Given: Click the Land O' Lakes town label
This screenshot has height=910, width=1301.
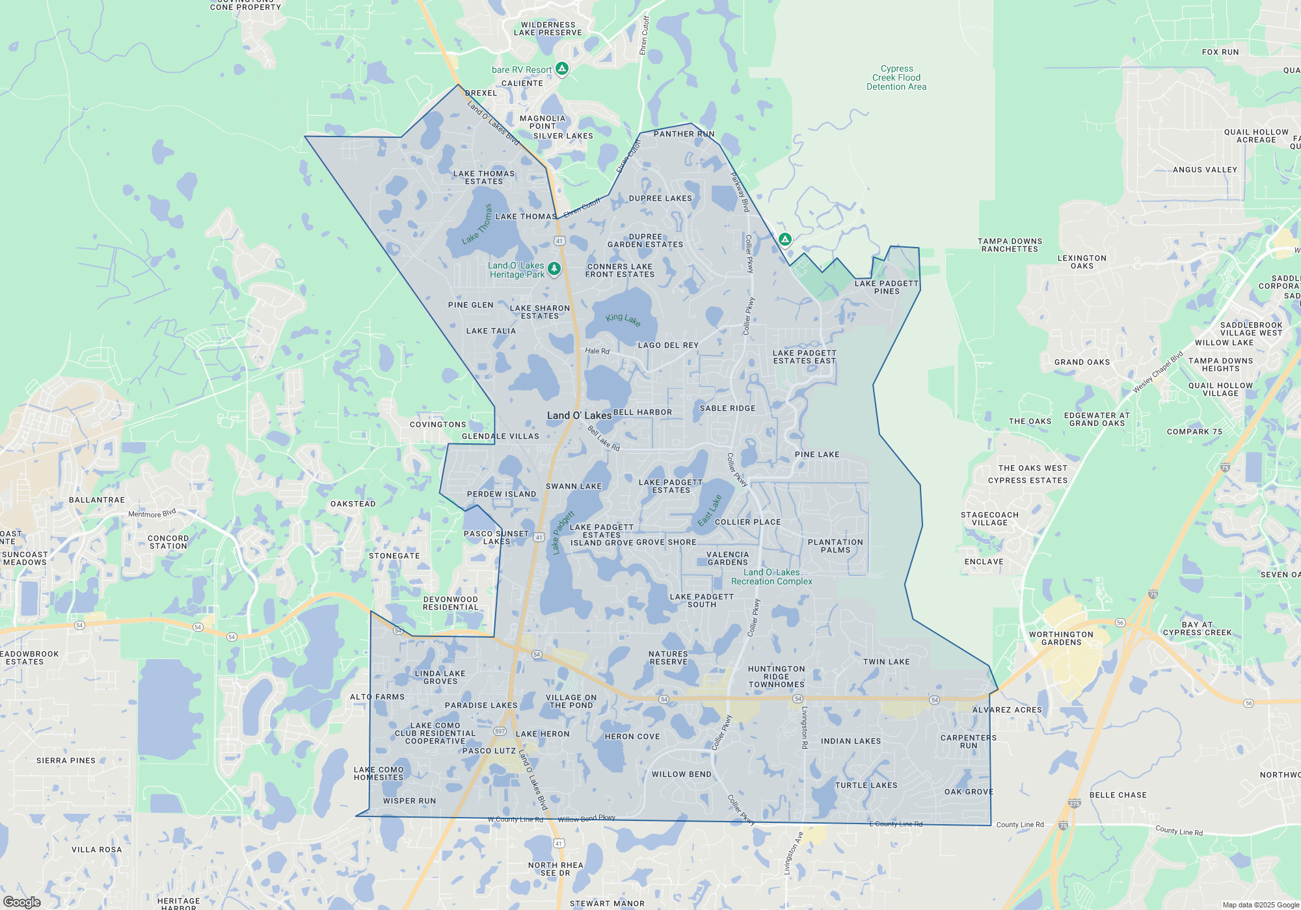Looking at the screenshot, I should [x=579, y=415].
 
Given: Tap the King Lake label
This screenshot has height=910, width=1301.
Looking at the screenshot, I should [x=623, y=319].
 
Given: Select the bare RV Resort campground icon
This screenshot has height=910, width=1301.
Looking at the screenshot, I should [x=562, y=68].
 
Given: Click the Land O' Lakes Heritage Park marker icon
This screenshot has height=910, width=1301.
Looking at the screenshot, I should [x=554, y=268].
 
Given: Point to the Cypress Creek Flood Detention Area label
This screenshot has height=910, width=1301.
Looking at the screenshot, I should [x=896, y=77].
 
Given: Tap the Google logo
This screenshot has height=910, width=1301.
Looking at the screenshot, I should [x=21, y=902].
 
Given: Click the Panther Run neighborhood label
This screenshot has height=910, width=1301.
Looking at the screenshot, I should [x=684, y=134].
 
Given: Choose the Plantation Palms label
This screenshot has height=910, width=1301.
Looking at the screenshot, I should [x=835, y=546].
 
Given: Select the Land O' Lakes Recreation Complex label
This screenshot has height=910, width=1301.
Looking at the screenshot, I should [x=771, y=577].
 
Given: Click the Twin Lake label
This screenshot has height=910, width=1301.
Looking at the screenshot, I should [x=886, y=662].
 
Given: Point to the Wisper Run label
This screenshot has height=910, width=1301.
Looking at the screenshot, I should [x=409, y=801].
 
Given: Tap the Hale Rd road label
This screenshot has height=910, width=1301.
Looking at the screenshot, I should [x=597, y=351].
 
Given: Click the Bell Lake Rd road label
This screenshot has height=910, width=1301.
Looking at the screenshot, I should [x=604, y=439].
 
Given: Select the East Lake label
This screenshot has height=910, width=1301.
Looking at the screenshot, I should [x=710, y=511].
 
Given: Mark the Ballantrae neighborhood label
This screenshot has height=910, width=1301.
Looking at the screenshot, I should [x=97, y=500].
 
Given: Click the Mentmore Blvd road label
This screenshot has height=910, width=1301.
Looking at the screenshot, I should [x=152, y=513].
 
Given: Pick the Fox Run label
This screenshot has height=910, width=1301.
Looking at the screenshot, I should [x=1220, y=52].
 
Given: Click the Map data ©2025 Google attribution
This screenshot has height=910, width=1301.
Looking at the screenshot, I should [x=1261, y=905].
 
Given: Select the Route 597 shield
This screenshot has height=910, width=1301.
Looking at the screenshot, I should [x=500, y=731].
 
